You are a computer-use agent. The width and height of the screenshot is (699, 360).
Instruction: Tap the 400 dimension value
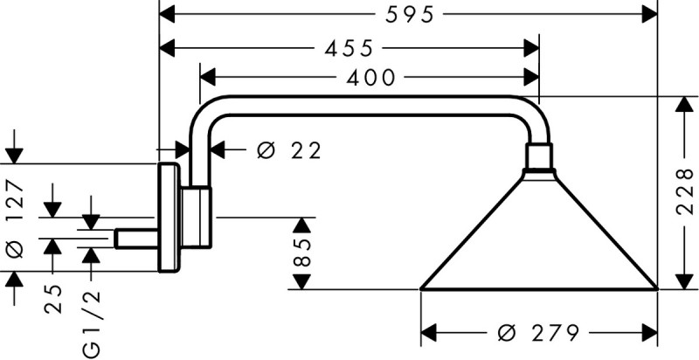point(371,78)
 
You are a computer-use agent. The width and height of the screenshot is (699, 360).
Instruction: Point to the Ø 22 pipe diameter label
point(289,150)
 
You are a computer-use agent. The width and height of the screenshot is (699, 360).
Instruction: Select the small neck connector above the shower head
point(538,158)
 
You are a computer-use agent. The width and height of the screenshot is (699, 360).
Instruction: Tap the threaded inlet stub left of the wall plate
point(137,238)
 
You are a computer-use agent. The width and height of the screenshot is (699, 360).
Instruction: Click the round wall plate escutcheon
point(168,218)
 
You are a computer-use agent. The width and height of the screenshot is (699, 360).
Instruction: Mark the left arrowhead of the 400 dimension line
point(208,78)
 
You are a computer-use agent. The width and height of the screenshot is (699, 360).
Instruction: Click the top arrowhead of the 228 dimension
point(682,105)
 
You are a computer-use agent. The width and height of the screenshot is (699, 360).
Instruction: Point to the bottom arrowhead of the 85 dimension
point(301,280)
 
